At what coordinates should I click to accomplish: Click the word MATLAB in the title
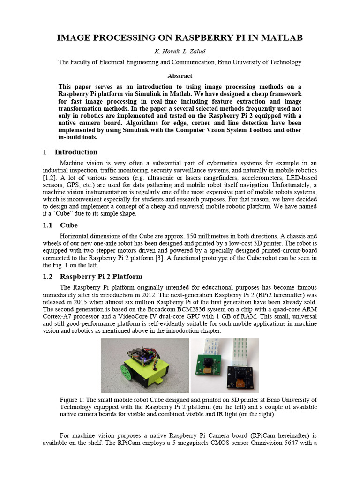[279, 38]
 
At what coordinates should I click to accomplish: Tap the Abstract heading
[180, 75]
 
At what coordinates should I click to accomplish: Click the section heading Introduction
[76, 152]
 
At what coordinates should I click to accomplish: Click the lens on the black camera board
[240, 375]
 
